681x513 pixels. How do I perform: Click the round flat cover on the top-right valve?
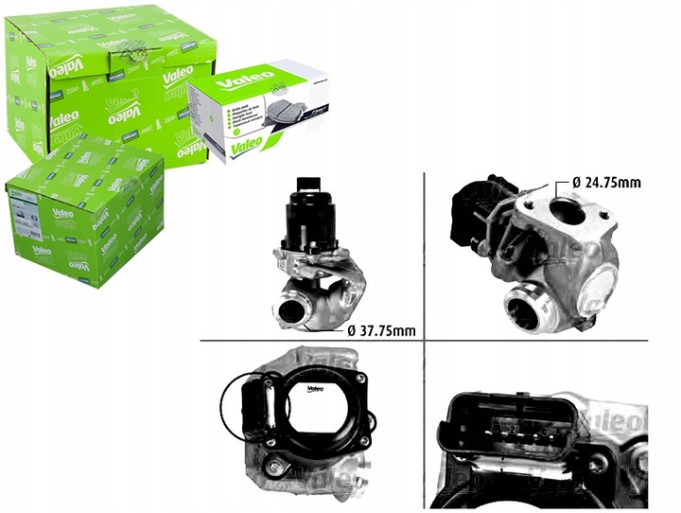[600, 284]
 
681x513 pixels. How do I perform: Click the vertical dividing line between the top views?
[422, 256]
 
